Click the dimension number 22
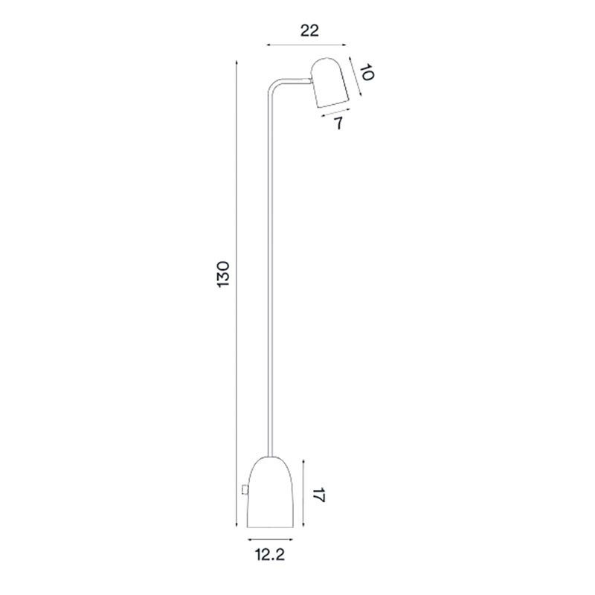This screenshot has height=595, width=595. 310,30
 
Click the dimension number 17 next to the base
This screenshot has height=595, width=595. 319,495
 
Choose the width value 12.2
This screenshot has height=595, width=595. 271,554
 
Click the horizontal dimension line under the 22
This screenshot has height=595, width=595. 306,46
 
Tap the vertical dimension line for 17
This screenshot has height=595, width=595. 304,495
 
